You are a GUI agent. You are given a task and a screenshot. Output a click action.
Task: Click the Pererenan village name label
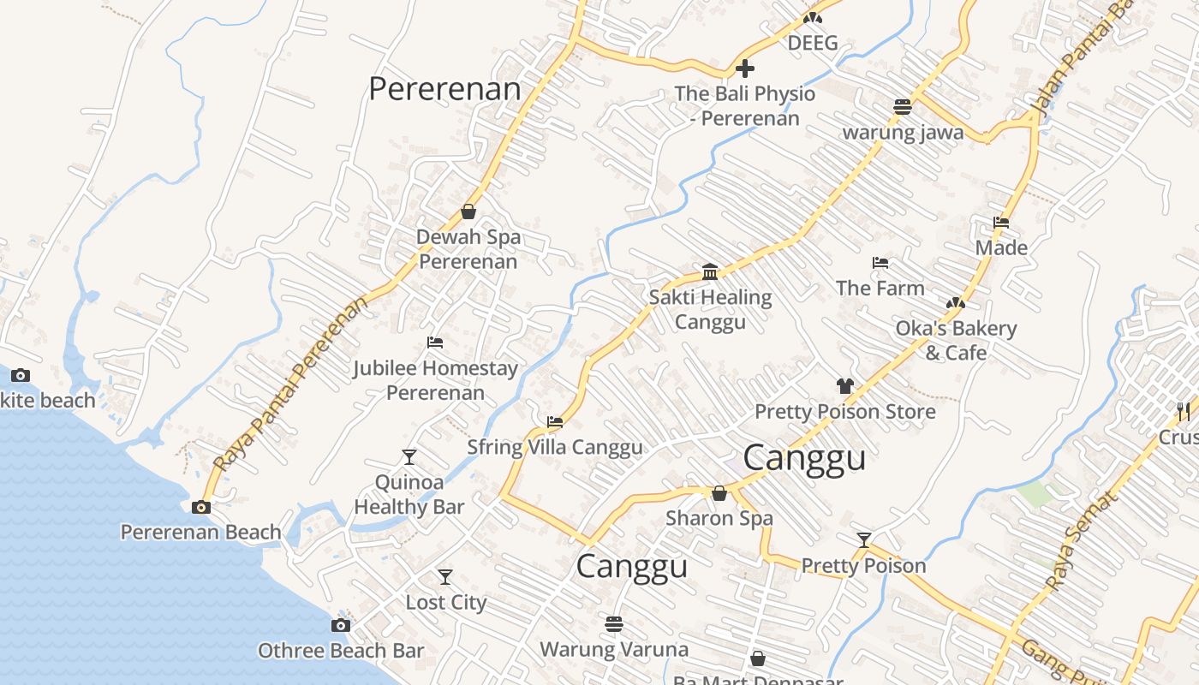(x=444, y=89)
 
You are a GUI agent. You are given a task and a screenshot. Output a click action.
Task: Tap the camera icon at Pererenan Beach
(x=201, y=507)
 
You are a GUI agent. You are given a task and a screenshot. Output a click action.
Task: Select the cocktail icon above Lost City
(x=444, y=576)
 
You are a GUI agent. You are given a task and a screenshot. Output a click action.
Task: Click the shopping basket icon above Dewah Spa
(x=468, y=211)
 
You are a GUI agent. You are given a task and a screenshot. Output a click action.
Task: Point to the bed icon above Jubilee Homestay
(x=435, y=342)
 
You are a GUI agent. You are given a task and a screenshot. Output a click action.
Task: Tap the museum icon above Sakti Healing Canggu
(x=710, y=272)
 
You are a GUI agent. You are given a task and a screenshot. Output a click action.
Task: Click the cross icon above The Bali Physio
(x=745, y=68)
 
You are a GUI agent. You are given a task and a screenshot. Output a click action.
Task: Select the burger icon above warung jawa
(x=902, y=107)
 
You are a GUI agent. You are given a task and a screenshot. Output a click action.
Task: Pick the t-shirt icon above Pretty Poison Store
(x=845, y=386)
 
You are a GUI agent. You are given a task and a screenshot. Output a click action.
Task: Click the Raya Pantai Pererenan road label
(x=291, y=383)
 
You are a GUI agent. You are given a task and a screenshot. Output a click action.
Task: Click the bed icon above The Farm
(x=880, y=263)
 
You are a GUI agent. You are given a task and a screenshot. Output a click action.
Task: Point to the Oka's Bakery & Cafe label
(x=956, y=340)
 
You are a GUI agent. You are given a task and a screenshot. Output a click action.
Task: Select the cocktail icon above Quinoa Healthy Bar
(x=409, y=456)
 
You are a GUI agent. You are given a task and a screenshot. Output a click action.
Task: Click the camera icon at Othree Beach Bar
(x=341, y=625)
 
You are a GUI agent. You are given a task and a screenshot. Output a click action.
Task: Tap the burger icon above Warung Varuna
(x=614, y=623)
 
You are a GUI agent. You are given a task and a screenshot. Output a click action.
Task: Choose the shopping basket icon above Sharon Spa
(x=719, y=493)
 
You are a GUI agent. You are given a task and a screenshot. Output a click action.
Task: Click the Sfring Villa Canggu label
(x=555, y=447)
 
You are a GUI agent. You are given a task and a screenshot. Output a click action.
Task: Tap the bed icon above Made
(x=1001, y=223)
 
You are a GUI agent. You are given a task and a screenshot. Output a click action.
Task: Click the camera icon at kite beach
(x=21, y=375)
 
